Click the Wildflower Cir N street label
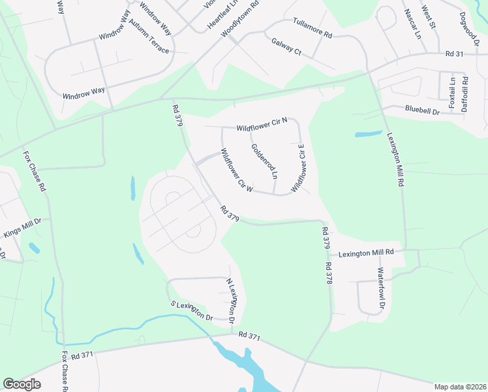click(x=262, y=127)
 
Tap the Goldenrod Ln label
click(x=264, y=161)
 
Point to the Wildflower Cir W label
click(x=236, y=170)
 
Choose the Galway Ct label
click(x=286, y=46)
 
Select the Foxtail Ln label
click(x=451, y=92)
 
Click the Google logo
click(x=22, y=384)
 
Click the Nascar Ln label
click(x=412, y=23)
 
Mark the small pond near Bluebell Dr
click(x=369, y=134)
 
